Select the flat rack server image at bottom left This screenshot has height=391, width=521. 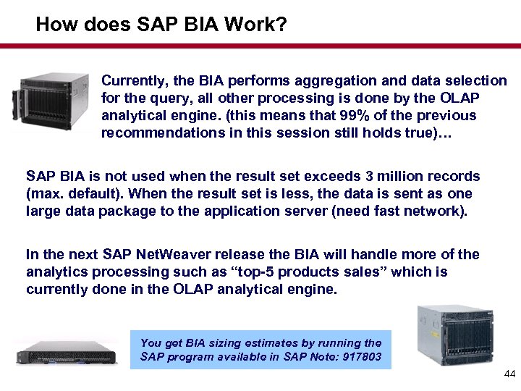click(67, 351)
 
